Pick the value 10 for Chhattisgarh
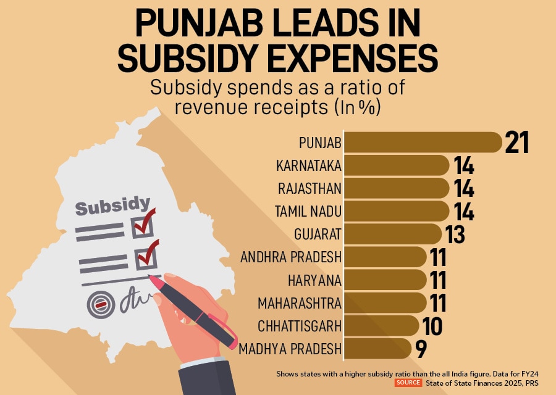(x=432, y=326)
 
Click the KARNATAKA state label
(x=309, y=165)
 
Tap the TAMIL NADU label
(x=308, y=211)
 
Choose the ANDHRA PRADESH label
(x=291, y=257)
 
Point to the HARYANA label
(x=314, y=280)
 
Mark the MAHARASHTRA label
(x=298, y=303)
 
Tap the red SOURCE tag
(x=408, y=383)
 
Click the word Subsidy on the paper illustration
(x=112, y=206)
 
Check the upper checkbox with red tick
(x=142, y=227)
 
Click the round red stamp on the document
(x=100, y=304)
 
